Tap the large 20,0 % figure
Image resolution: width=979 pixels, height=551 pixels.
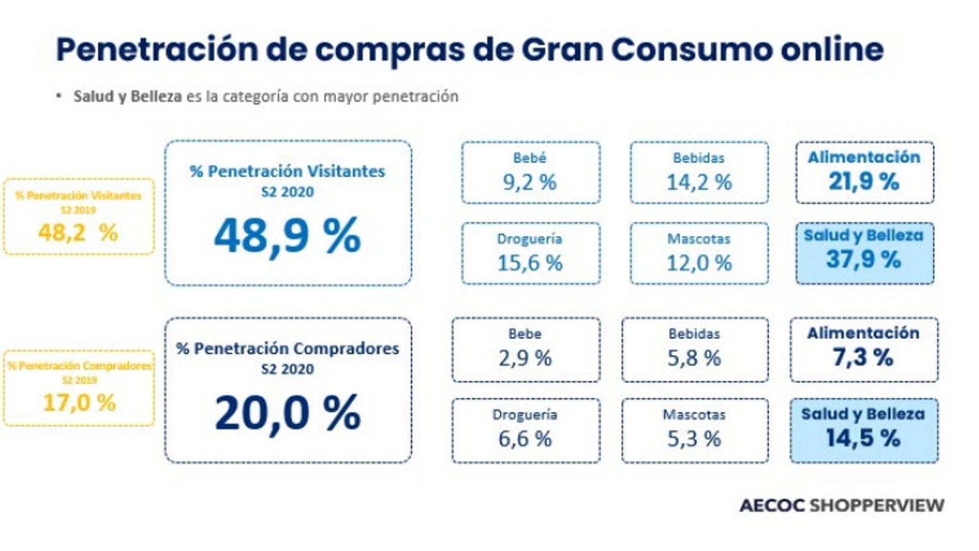coord(287,413)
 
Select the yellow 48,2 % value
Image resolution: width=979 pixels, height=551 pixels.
coord(78,233)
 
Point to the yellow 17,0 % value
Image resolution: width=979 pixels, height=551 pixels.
coord(79,403)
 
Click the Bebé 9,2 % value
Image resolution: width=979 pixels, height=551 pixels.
coord(530,182)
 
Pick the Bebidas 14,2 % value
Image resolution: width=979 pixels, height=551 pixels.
coord(699,182)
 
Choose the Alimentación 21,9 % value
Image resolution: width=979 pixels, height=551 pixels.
coord(864,181)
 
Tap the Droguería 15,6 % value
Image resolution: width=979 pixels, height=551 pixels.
coord(530,263)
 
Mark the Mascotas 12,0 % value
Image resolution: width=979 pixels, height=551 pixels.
coord(699,263)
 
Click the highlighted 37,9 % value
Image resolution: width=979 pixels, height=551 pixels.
coord(863,260)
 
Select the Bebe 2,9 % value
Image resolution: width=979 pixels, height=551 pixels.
coord(525,358)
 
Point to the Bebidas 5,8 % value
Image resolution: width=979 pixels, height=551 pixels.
coord(694,358)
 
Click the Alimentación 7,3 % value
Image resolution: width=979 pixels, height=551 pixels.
coord(863,357)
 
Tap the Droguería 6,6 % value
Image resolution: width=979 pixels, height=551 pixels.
coord(525,439)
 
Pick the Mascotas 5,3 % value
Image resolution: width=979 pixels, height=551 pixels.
coord(694,439)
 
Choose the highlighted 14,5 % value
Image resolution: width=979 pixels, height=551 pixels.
coord(863,438)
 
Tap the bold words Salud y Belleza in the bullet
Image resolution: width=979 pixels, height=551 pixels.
coord(127,97)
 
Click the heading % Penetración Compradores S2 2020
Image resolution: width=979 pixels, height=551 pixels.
coord(287,356)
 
